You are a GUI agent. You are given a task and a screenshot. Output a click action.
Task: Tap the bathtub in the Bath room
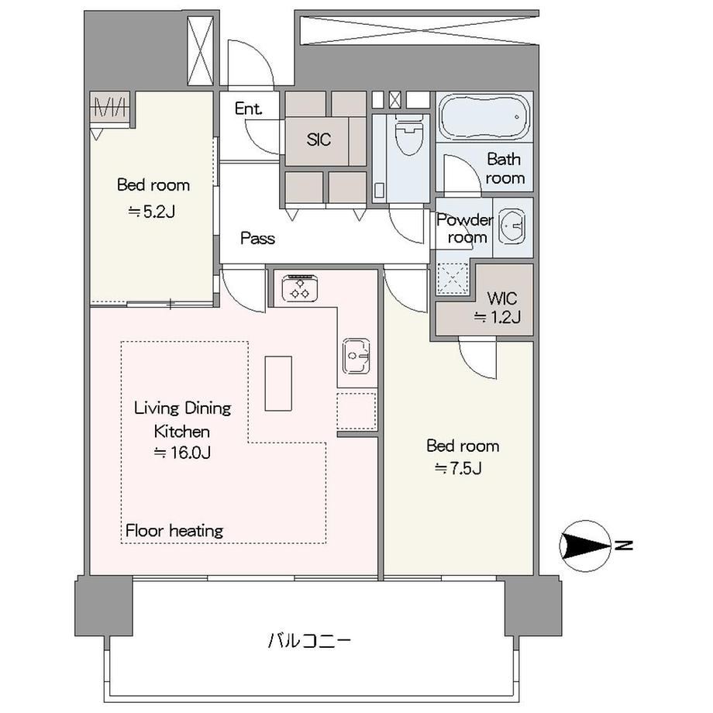484,117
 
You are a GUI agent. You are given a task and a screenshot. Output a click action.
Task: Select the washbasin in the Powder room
512,226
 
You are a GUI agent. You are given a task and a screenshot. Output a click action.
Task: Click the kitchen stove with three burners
300,288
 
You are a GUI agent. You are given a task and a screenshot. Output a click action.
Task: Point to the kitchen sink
356,356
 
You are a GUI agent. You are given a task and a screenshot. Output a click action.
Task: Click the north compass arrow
586,546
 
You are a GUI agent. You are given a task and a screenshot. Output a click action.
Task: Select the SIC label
319,139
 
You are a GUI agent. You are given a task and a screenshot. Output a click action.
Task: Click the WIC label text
502,298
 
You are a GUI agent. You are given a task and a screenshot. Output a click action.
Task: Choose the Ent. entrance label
249,108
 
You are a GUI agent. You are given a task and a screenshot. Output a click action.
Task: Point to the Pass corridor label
258,238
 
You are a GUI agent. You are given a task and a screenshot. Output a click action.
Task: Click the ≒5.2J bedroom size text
152,212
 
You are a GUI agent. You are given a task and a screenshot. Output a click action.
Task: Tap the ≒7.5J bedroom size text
458,468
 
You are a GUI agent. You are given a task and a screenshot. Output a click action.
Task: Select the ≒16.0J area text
182,453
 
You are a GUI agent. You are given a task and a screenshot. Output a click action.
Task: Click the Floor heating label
174,531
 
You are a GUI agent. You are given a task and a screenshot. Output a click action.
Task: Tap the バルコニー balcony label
309,641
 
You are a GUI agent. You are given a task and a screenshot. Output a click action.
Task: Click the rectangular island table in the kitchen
278,384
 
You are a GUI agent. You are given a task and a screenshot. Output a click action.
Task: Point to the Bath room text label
505,168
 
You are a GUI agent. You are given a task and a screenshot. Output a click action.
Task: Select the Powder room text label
465,229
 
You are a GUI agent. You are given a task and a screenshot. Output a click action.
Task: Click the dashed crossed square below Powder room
453,279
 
